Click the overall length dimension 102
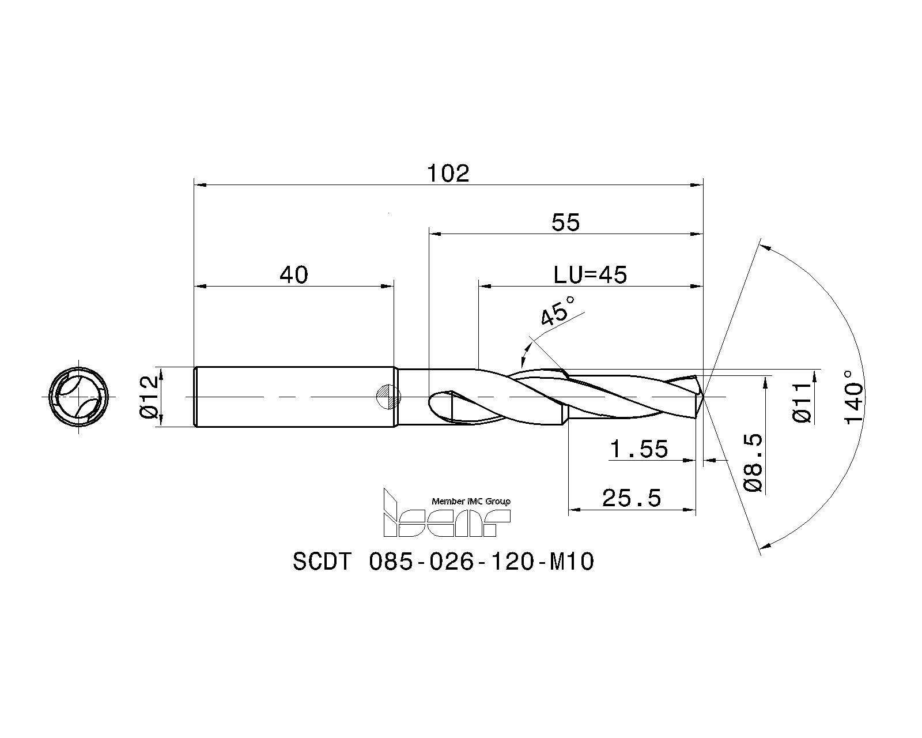448,174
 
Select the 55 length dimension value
565,223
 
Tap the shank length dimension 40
294,274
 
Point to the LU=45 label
590,274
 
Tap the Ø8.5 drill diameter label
753,462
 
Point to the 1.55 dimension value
638,449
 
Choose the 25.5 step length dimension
632,498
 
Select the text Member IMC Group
471,501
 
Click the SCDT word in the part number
322,562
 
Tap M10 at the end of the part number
572,562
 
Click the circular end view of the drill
79,397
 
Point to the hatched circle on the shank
388,397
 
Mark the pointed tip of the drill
704,397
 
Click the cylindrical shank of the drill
295,397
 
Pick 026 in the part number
451,562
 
